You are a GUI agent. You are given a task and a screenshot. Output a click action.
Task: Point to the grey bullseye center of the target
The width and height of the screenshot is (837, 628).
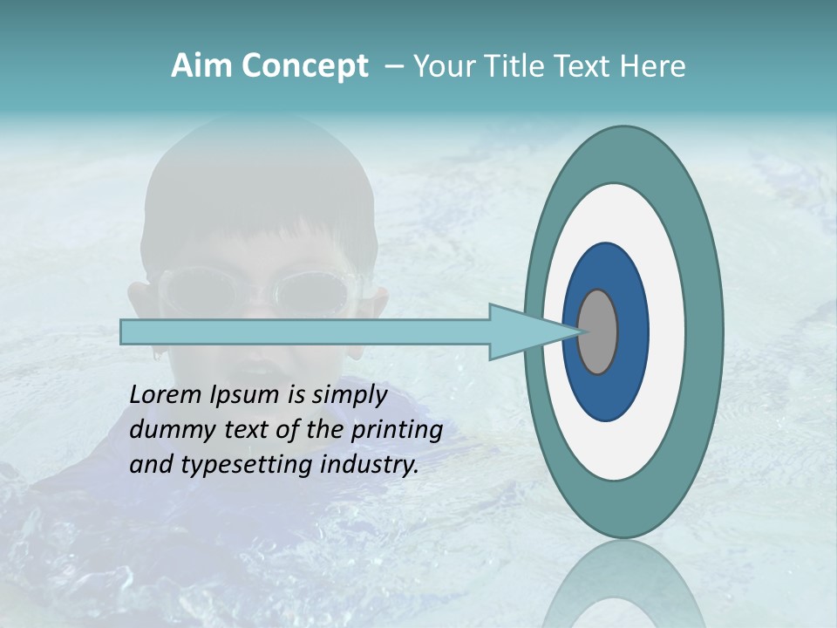click(598, 331)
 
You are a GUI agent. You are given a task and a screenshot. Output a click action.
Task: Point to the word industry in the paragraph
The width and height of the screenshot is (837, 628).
click(370, 465)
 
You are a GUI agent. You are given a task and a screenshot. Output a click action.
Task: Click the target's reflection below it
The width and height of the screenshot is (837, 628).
click(623, 584)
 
